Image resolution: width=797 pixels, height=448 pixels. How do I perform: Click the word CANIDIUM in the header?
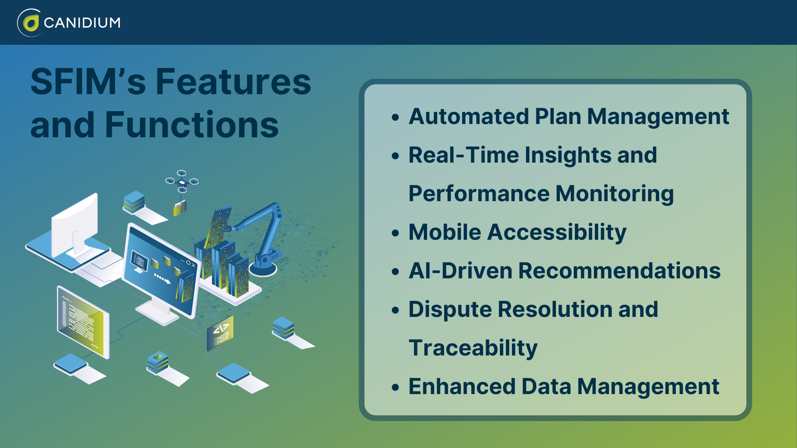[x=82, y=22]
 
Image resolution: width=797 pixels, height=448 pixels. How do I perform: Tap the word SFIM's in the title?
[x=88, y=82]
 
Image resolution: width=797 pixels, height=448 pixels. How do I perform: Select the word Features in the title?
[x=233, y=82]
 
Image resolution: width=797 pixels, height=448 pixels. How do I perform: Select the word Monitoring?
[x=615, y=194]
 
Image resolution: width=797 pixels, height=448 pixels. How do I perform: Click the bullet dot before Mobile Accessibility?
[x=395, y=233]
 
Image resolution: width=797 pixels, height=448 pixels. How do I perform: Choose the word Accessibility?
[x=557, y=232]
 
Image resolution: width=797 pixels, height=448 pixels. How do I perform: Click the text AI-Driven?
[x=461, y=271]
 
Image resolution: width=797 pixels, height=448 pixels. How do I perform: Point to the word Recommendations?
[x=619, y=271]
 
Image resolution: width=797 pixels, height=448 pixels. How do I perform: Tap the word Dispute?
[x=450, y=309]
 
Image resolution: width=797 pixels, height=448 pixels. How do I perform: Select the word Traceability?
[x=473, y=348]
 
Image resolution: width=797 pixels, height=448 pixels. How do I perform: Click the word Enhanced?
[x=462, y=387]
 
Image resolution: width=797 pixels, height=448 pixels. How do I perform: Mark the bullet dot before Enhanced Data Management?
[x=395, y=387]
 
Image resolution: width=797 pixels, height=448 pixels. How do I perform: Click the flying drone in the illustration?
[x=182, y=182]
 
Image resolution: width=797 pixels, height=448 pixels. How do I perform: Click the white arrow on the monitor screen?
[x=162, y=279]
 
